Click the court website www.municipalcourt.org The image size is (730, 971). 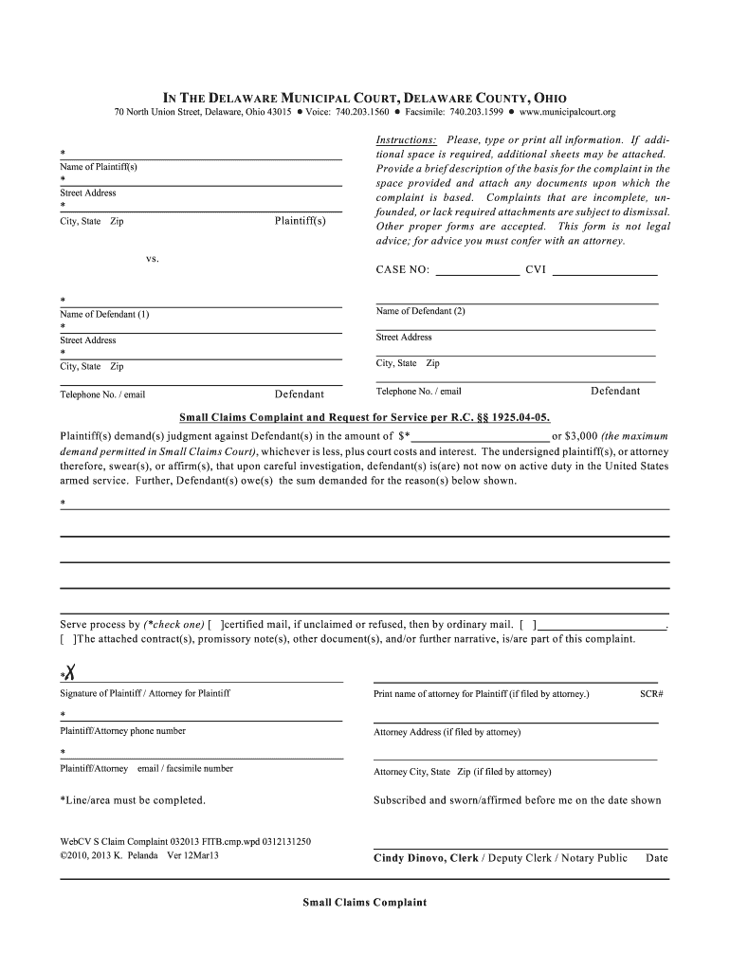[x=567, y=113]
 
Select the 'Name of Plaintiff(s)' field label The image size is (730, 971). [x=99, y=167]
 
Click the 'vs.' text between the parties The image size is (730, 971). [x=152, y=257]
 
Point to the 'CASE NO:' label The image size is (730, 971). [x=403, y=270]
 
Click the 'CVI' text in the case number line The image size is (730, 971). [x=536, y=270]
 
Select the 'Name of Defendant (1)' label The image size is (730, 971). [x=104, y=314]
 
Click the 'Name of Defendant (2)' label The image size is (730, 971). [x=421, y=311]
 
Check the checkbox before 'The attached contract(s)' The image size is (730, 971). [x=66, y=639]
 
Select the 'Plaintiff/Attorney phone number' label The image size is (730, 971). [x=123, y=731]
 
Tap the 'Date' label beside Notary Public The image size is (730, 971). [x=656, y=858]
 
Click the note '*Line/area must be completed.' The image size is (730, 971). [x=133, y=800]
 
